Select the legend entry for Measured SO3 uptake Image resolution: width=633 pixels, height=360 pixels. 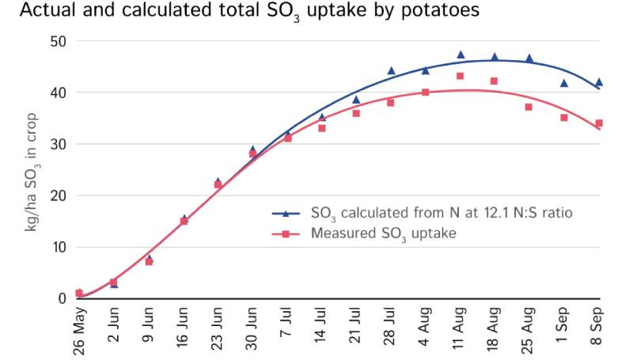click(x=384, y=233)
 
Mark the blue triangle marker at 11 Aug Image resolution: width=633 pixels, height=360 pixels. click(x=461, y=55)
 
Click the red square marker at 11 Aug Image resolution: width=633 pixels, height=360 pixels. click(x=460, y=76)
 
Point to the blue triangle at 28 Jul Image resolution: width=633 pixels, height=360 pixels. click(x=391, y=70)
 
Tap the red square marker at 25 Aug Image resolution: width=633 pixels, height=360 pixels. click(x=529, y=107)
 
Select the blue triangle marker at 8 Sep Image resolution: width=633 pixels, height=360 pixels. click(x=599, y=81)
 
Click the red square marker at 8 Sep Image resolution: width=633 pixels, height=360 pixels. click(x=599, y=123)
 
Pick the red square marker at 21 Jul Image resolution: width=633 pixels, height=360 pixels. click(x=356, y=113)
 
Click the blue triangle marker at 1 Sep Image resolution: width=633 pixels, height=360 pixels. click(x=564, y=83)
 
